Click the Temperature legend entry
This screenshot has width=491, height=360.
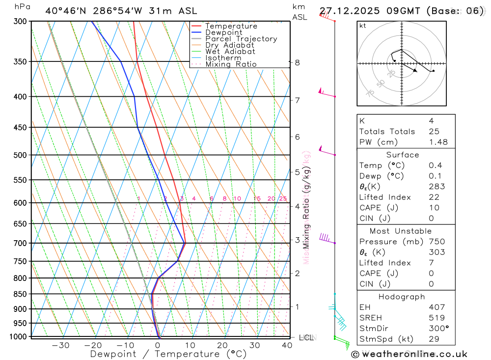pos(231,26)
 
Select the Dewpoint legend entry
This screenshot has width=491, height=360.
pos(223,32)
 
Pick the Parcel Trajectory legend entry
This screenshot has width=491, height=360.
pos(241,39)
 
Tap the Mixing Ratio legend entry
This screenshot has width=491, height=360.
pos(231,64)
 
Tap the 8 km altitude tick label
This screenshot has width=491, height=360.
pos(297,62)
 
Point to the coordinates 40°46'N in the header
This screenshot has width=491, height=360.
pos(66,11)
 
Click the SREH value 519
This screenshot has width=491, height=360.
pos(436,318)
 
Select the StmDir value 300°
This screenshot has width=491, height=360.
pos(438,329)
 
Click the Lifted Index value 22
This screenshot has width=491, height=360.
pos(433,197)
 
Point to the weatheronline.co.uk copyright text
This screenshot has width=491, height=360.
pos(409,354)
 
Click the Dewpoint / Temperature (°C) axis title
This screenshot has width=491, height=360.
pos(168,354)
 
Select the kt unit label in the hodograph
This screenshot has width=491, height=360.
pos(363,26)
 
